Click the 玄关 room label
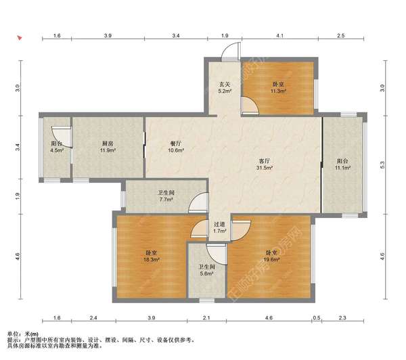coord(225,84)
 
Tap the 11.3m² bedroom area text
coord(278,91)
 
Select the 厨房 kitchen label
coord(108,143)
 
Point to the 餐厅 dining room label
coord(176,143)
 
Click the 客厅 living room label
coord(264,161)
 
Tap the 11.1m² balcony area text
coord(342,168)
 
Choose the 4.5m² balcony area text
coord(57,150)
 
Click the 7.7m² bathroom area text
coord(166,200)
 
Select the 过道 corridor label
coord(219,224)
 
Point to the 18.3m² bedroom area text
coord(152,259)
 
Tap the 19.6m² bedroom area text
coord(271,259)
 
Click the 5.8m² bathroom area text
coord(206,273)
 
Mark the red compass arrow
coord(20,38)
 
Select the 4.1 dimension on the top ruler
coord(279,35)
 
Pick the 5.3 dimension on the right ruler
coord(382,164)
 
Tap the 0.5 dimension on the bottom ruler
coord(317,317)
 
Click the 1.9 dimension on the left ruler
coord(18,196)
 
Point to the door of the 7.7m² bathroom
coord(198,203)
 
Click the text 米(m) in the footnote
coord(31,334)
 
